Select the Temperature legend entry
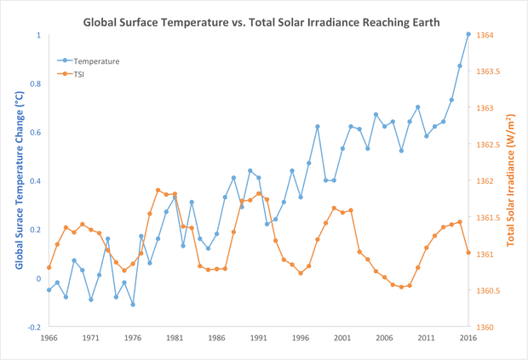pos(95,61)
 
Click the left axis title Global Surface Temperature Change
pos(19,181)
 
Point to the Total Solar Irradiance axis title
pos(511,181)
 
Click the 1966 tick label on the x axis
pos(49,338)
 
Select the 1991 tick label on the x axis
pos(259,338)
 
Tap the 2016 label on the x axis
pos(468,338)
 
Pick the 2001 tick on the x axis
pos(342,338)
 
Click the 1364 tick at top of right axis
pos(490,35)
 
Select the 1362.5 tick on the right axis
pos(493,145)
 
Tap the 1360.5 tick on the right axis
pos(493,290)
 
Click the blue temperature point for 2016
pos(468,34)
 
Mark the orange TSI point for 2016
pos(468,253)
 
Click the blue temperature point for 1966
pos(49,290)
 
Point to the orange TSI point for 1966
pos(49,267)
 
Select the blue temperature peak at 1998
pos(318,126)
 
